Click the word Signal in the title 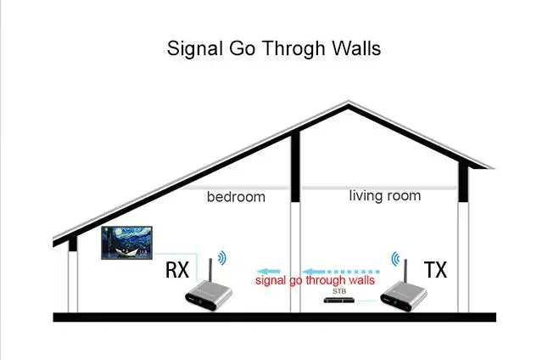(x=194, y=49)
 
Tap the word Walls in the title (x=356, y=48)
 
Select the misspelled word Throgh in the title (x=294, y=49)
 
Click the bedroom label (x=236, y=197)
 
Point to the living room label (x=385, y=195)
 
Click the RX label (x=177, y=270)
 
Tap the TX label (x=435, y=270)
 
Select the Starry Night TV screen (x=127, y=243)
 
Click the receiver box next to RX (x=209, y=295)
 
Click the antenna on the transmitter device (x=405, y=271)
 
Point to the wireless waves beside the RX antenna (x=222, y=258)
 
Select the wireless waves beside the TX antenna (x=395, y=259)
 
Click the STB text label (x=339, y=291)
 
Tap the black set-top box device (x=339, y=301)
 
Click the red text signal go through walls (x=315, y=280)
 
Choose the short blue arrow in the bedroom (x=269, y=271)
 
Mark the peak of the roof (x=348, y=102)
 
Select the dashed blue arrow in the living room (x=341, y=272)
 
